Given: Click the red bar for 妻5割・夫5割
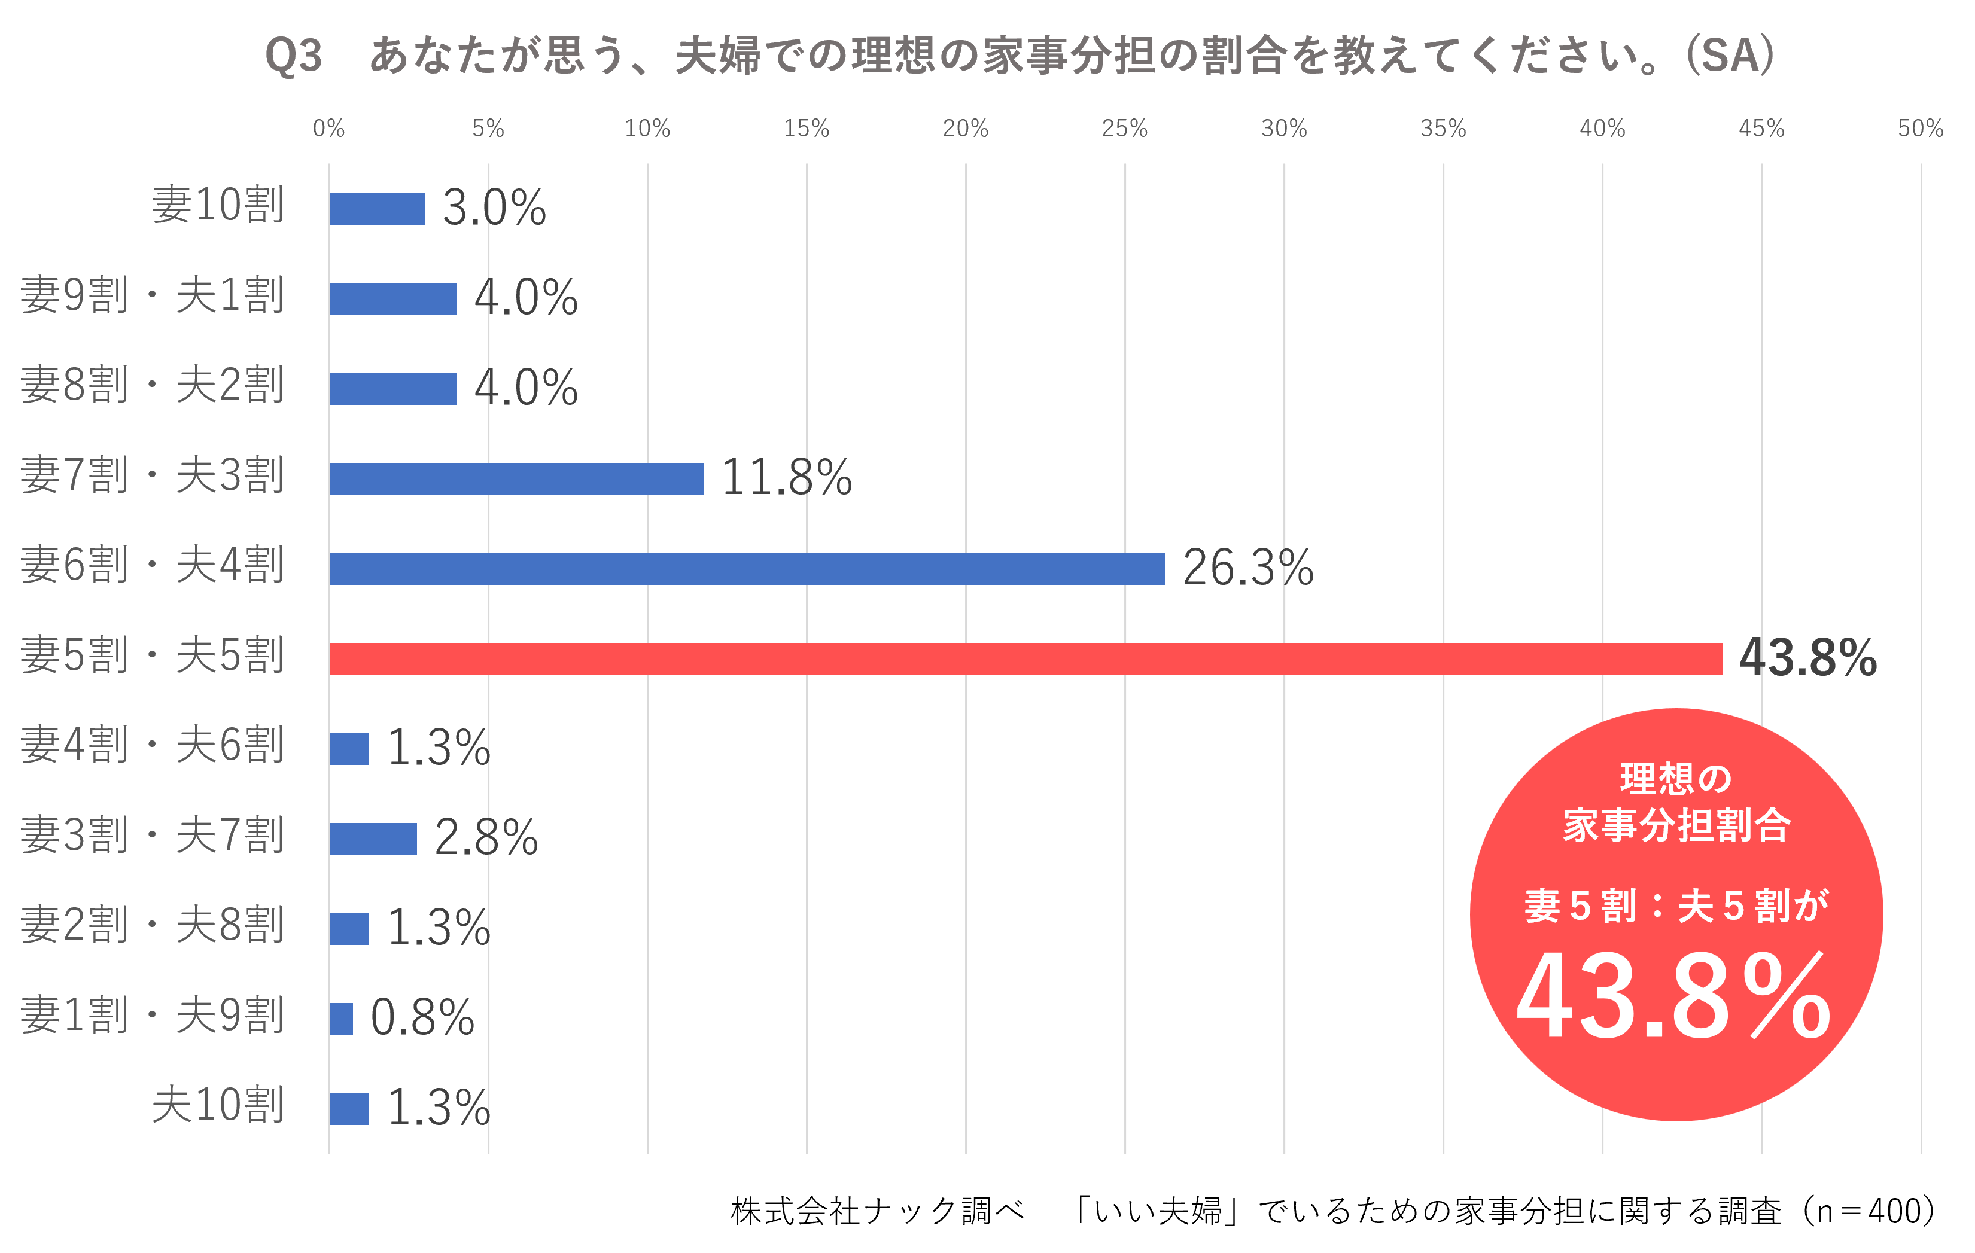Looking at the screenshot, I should tap(1025, 658).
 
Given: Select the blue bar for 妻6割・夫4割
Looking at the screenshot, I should tap(746, 568).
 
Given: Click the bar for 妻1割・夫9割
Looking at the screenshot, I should tap(340, 1019).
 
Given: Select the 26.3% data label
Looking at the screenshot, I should tap(1247, 568).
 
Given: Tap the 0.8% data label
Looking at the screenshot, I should tap(422, 1018).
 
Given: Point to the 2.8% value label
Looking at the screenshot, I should tap(486, 837).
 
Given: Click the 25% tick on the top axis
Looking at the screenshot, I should tap(1124, 129).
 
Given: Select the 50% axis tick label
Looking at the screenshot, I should tap(1920, 129).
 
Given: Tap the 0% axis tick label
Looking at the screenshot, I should tap(329, 129).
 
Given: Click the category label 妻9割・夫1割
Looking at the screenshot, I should tap(153, 295).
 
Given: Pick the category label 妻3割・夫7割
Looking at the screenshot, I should tap(153, 836).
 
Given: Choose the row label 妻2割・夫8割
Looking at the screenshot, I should tap(153, 926).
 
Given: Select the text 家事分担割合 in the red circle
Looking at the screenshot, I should tap(1676, 825).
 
